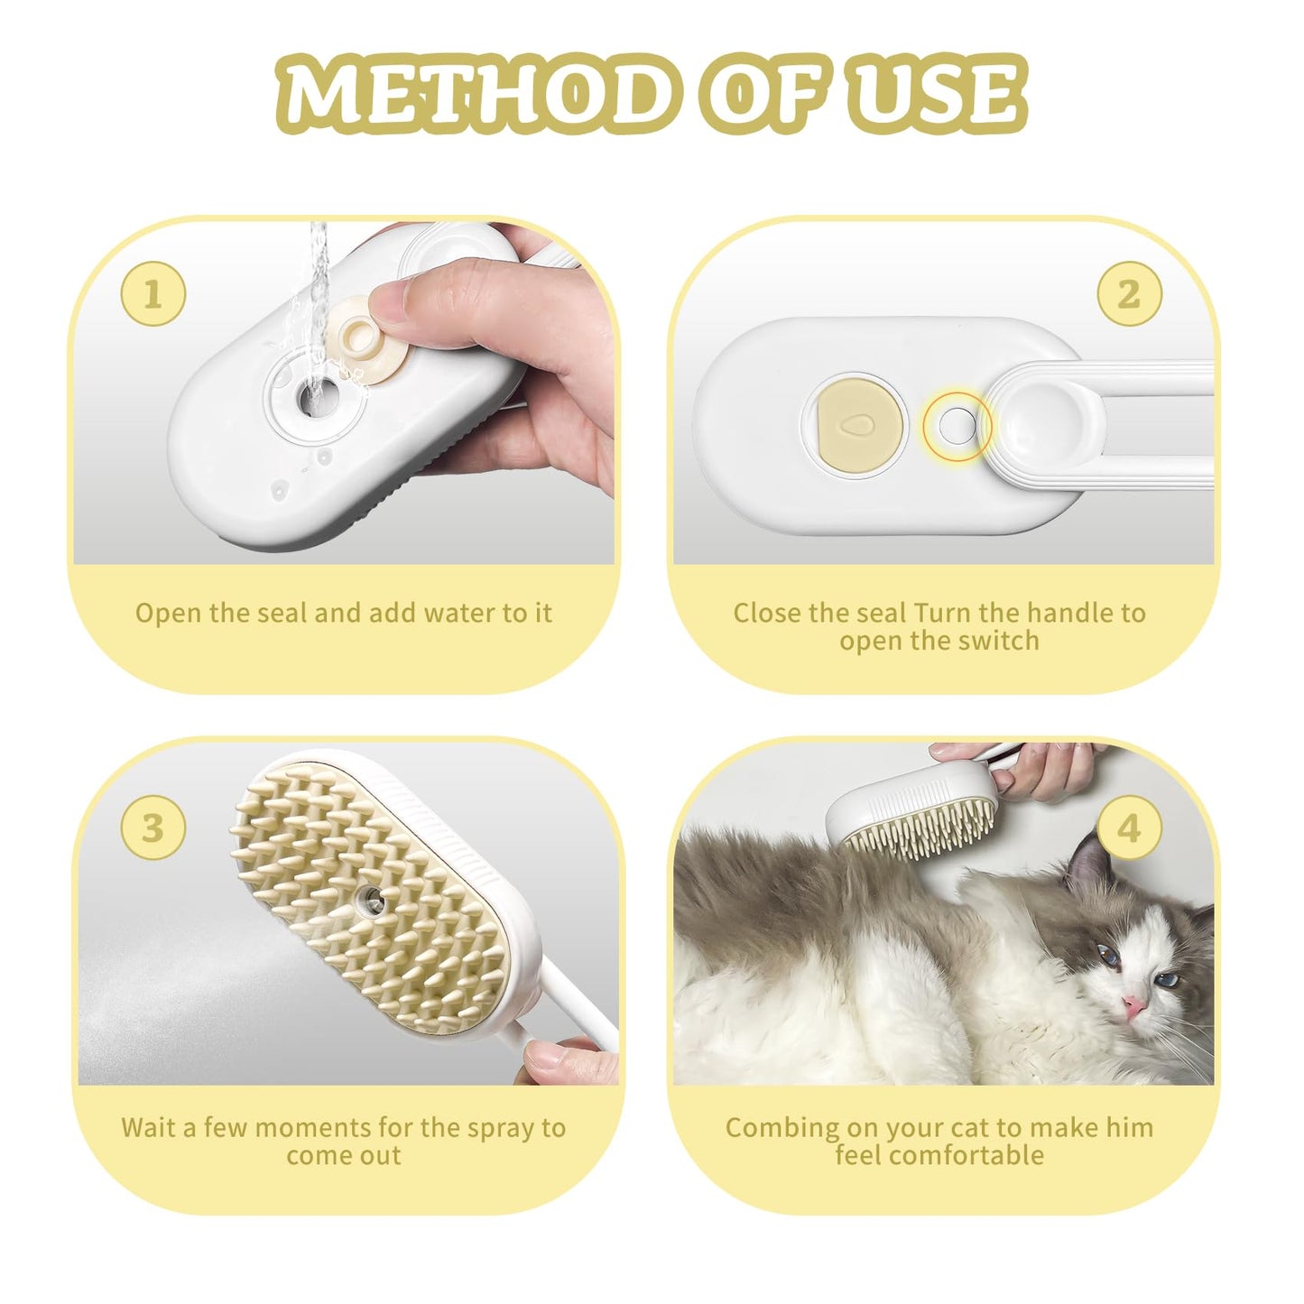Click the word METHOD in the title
click(474, 93)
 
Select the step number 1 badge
click(153, 294)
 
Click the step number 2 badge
click(1128, 294)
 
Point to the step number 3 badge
click(153, 828)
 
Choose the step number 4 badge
click(1128, 828)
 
